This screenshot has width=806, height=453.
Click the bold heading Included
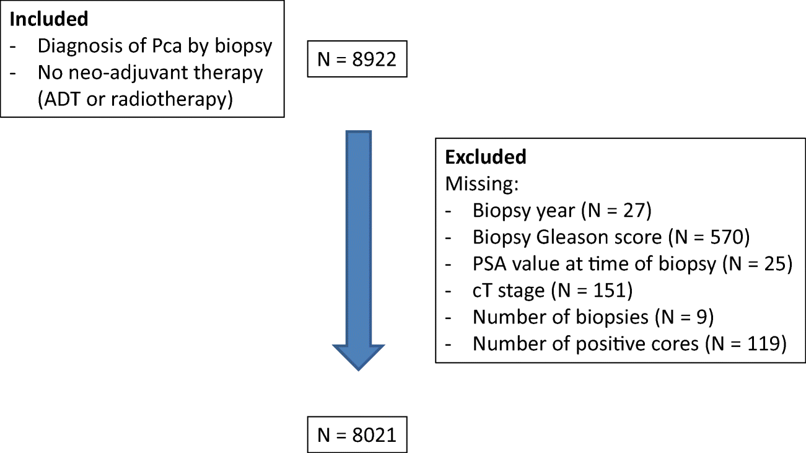pyautogui.click(x=49, y=19)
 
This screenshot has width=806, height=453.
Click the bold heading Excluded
pyautogui.click(x=486, y=157)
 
